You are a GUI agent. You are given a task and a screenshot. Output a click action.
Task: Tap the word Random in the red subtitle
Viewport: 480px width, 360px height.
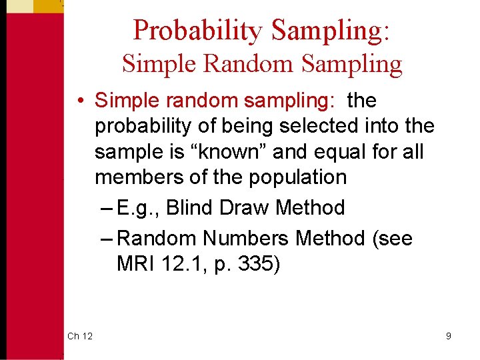point(247,64)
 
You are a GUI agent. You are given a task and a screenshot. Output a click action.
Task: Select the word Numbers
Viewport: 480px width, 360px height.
point(247,238)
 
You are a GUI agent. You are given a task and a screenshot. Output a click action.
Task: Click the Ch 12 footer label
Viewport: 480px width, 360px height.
point(80,336)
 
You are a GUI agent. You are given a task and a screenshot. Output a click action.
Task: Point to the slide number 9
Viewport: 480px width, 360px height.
point(449,336)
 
